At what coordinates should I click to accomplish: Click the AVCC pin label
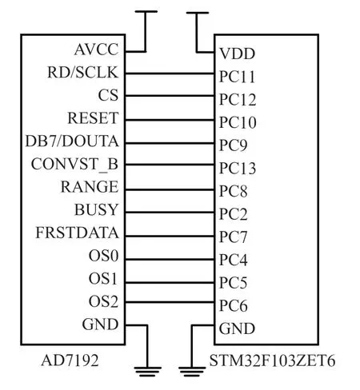click(96, 50)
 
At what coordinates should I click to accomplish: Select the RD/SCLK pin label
click(82, 73)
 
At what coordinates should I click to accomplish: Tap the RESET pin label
click(93, 118)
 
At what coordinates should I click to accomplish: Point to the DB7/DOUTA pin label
click(72, 141)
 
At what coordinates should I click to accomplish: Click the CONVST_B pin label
click(74, 165)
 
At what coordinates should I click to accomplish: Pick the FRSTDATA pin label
click(77, 233)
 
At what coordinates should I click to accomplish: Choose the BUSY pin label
click(96, 209)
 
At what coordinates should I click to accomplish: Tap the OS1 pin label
click(103, 279)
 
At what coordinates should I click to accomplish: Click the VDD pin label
click(237, 54)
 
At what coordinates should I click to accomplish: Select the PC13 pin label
click(238, 169)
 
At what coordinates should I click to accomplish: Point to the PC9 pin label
click(233, 145)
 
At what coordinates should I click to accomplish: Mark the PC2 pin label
click(233, 214)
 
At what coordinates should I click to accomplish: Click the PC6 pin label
click(233, 306)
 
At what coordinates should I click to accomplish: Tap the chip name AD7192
click(70, 360)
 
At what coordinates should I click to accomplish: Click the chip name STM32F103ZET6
click(272, 361)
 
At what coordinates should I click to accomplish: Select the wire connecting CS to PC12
click(170, 96)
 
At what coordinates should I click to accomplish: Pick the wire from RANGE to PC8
click(170, 189)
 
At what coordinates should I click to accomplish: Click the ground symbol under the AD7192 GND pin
click(148, 372)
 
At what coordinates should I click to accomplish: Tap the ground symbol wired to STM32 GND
click(192, 372)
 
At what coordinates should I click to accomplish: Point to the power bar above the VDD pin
click(198, 13)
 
